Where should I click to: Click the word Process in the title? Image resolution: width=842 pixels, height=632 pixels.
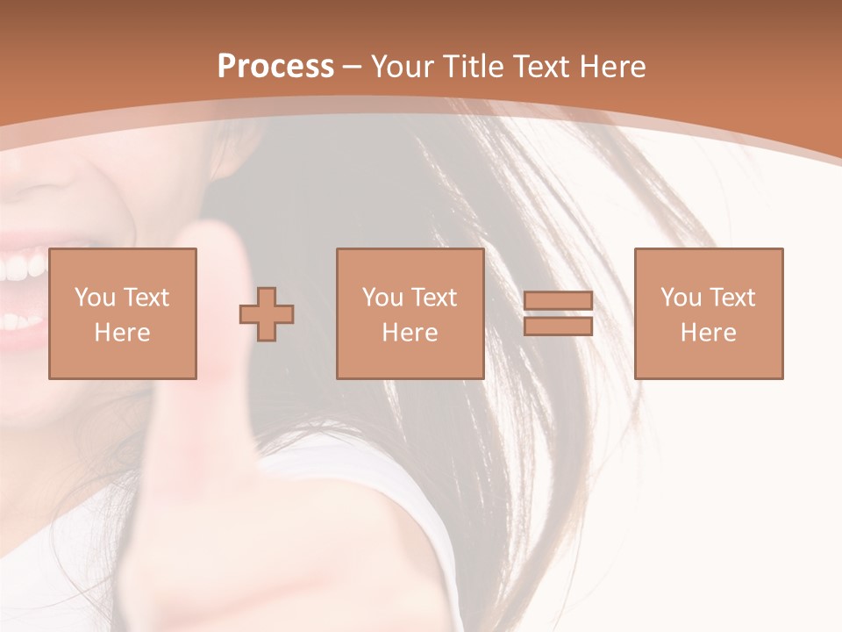(x=275, y=67)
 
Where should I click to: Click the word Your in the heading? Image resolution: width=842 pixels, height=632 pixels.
(x=404, y=67)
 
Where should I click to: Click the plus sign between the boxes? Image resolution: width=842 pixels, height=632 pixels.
(x=267, y=313)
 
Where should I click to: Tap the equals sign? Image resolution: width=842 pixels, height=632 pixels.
(x=558, y=313)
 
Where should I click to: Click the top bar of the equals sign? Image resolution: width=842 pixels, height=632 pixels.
(x=558, y=301)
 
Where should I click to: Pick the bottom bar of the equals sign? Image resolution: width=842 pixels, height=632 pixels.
(x=558, y=327)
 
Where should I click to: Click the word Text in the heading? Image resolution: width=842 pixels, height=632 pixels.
(x=540, y=67)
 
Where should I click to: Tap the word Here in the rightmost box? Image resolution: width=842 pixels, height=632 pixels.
(x=709, y=333)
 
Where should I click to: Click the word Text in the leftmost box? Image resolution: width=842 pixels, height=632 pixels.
(x=146, y=298)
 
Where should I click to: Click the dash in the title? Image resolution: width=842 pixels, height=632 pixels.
(x=353, y=68)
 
